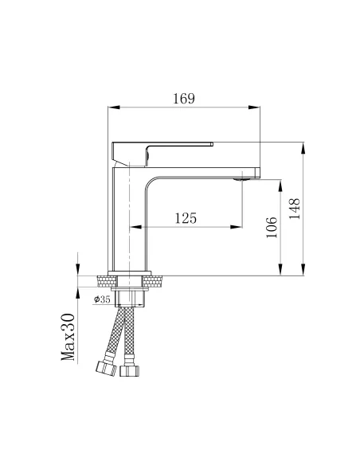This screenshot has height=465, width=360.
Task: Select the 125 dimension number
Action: tap(186, 217)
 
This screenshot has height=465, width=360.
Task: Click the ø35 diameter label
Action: tap(102, 299)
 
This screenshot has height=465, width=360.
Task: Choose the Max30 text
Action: tap(69, 337)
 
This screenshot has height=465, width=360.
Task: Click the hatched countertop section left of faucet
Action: tap(105, 280)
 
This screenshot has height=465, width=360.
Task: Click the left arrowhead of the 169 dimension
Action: tap(112, 109)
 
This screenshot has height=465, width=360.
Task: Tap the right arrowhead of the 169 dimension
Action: tap(256, 109)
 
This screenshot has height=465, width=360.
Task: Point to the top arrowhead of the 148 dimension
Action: tap(304, 147)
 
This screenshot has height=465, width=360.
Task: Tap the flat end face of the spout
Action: tap(260, 171)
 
